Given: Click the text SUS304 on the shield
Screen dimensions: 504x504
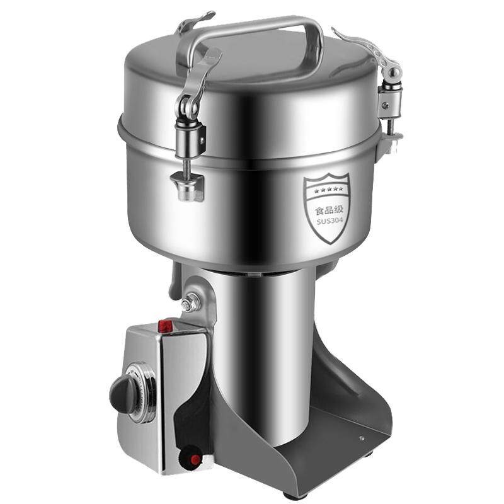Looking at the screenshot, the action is pyautogui.click(x=329, y=221).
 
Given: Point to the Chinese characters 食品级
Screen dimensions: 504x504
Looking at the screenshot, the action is pyautogui.click(x=329, y=210).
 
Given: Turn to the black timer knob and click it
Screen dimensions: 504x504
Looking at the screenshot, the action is pyautogui.click(x=123, y=394).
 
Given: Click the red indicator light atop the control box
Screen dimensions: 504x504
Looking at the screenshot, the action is pyautogui.click(x=165, y=326).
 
